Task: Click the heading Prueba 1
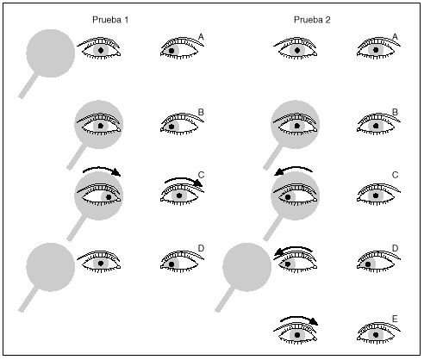point(110,20)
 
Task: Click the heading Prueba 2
point(312,20)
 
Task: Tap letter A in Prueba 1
point(201,37)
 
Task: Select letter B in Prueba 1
point(201,112)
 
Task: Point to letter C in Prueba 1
point(201,175)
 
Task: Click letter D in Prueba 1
point(201,248)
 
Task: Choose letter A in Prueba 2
point(395,37)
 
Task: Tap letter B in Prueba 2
point(395,112)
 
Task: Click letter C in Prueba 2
point(395,175)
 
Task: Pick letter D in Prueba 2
point(395,248)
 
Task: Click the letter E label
point(395,319)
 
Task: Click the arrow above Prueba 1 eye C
point(183,179)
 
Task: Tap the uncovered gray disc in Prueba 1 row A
point(51,53)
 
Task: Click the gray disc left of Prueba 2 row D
point(247,267)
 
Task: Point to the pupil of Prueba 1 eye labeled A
point(171,51)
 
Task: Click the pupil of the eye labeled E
point(376,335)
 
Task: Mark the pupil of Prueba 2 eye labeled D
point(368,264)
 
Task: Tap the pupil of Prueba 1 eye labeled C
point(179,196)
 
